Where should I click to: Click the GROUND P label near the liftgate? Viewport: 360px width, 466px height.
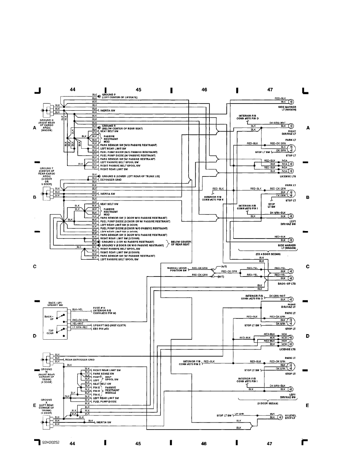pos(109,95)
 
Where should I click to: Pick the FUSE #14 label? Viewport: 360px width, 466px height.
pos(99,308)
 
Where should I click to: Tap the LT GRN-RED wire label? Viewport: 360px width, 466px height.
pos(80,327)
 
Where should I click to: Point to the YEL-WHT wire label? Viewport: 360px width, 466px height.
pos(78,324)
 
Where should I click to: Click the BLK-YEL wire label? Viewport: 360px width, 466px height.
pos(77,309)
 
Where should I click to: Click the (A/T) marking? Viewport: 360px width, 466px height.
pos(218,267)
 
